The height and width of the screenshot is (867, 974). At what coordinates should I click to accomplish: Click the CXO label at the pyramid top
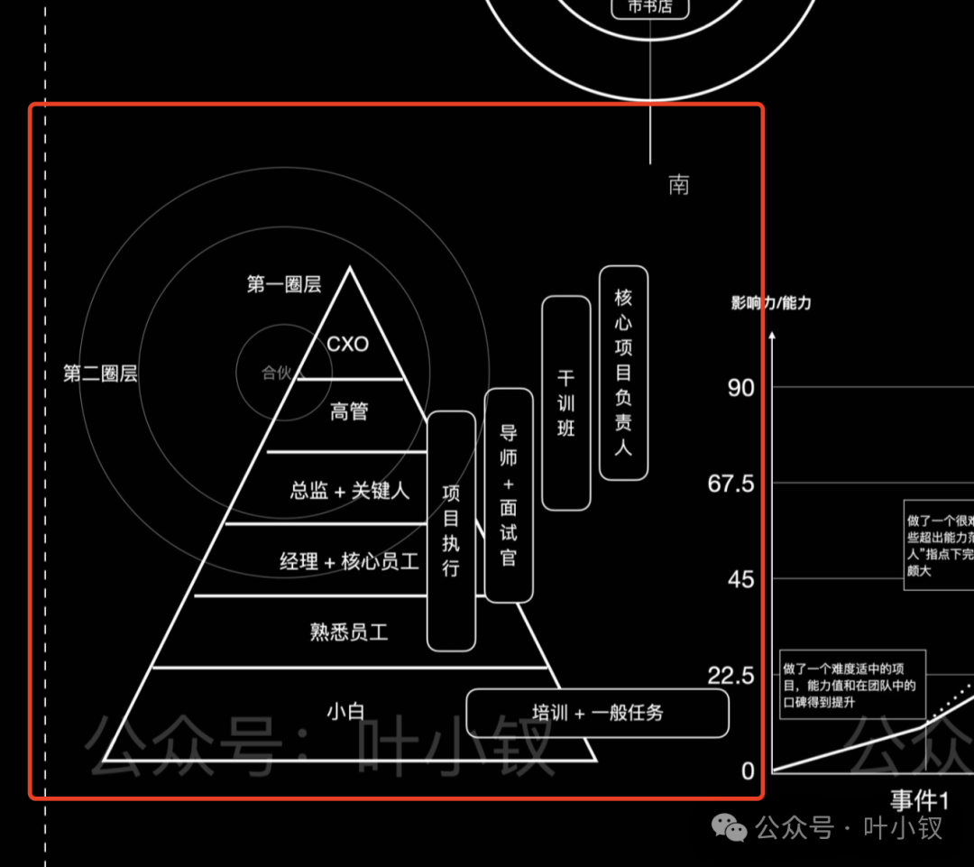coord(348,345)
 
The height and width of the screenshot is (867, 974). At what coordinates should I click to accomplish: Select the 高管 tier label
coord(349,412)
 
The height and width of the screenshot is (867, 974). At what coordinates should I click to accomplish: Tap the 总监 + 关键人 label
coord(350,491)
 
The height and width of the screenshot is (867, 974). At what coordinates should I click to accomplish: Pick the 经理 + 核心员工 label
coord(349,562)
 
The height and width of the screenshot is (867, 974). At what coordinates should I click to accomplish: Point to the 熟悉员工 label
coord(349,632)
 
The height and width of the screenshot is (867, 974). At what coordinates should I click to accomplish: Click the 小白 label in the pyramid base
coord(345,712)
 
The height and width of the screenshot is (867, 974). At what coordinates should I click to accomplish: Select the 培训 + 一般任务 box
coord(597,713)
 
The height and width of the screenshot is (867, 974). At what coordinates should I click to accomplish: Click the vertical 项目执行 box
coord(451,530)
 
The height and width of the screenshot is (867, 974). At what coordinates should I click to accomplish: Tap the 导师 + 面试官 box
coord(509,495)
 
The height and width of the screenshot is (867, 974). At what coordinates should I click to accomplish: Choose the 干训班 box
coord(566,402)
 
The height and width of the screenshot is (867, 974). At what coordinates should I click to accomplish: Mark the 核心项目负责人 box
coord(623,373)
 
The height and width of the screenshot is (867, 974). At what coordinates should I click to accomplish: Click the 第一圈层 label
coord(284,284)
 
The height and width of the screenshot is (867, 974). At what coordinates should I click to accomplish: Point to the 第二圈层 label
coord(100,374)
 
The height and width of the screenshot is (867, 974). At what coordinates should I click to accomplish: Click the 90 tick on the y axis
coord(740,388)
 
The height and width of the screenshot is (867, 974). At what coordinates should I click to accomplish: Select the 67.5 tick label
coord(730,484)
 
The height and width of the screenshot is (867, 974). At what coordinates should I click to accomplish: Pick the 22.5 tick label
coord(730,675)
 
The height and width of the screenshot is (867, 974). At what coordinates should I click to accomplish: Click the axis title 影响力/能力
coord(771,303)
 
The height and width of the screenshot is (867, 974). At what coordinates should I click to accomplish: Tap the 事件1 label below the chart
coord(920,800)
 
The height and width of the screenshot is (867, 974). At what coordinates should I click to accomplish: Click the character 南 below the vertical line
coord(679,185)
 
